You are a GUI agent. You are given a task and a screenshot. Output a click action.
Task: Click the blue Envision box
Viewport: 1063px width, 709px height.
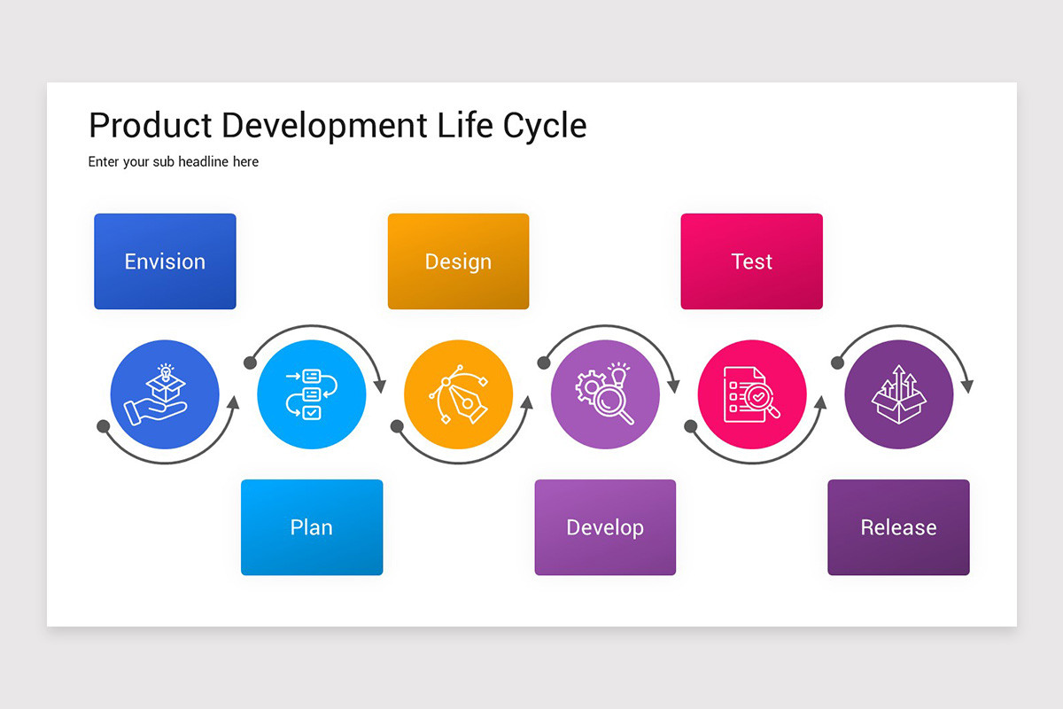tap(165, 261)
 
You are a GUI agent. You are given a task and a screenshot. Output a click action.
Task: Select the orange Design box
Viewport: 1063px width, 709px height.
tap(458, 261)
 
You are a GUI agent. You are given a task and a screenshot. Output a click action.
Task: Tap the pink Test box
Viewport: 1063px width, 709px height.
tap(751, 261)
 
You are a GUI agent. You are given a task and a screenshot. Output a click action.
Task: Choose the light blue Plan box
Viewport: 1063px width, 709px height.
tap(312, 527)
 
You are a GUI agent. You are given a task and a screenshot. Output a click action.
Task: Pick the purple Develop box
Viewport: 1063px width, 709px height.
tap(605, 527)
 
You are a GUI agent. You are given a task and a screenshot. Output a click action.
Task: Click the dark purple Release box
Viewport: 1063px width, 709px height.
tap(898, 527)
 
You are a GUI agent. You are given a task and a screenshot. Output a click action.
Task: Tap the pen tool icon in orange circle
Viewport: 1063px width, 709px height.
tap(458, 394)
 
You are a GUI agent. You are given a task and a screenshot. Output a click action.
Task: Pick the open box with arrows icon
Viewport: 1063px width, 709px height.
tap(898, 394)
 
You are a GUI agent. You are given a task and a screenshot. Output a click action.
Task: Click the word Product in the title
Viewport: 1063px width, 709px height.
tap(150, 126)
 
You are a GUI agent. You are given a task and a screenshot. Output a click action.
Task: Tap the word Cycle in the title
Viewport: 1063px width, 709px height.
tap(545, 126)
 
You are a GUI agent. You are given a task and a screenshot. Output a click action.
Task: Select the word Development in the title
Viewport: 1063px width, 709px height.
tap(325, 126)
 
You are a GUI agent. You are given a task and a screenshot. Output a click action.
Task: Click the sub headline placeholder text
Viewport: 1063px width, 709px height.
tap(174, 162)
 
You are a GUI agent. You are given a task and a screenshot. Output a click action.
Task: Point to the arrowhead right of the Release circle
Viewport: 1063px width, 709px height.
tap(966, 386)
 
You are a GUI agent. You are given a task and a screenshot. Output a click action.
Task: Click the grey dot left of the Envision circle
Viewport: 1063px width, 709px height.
tap(104, 426)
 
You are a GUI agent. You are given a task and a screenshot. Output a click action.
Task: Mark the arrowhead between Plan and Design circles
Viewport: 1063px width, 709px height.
tap(380, 386)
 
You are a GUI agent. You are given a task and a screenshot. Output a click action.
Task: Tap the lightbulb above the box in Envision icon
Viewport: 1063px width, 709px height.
tap(165, 370)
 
